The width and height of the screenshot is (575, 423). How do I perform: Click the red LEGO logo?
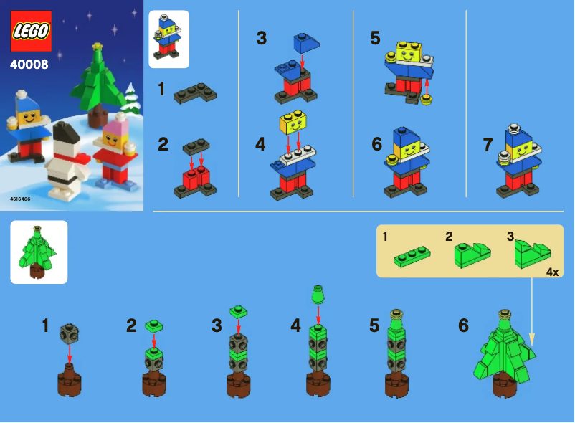pyautogui.click(x=31, y=32)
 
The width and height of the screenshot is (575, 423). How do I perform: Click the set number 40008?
pyautogui.click(x=29, y=65)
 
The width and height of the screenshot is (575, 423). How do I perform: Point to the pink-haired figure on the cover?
pyautogui.click(x=114, y=153)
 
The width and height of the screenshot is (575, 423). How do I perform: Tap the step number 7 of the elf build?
pyautogui.click(x=488, y=145)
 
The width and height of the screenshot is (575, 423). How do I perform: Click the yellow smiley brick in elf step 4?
pyautogui.click(x=293, y=124)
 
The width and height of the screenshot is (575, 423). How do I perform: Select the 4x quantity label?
pyautogui.click(x=552, y=272)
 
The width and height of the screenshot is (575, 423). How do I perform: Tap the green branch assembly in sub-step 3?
pyautogui.click(x=532, y=252)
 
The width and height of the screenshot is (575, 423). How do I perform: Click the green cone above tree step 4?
pyautogui.click(x=318, y=293)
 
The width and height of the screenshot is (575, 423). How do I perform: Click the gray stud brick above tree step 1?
pyautogui.click(x=70, y=333)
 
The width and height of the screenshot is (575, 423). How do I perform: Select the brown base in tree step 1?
pyautogui.click(x=70, y=380)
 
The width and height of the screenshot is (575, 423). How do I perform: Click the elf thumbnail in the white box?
pyautogui.click(x=168, y=39)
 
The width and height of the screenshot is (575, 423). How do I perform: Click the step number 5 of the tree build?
pyautogui.click(x=374, y=325)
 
